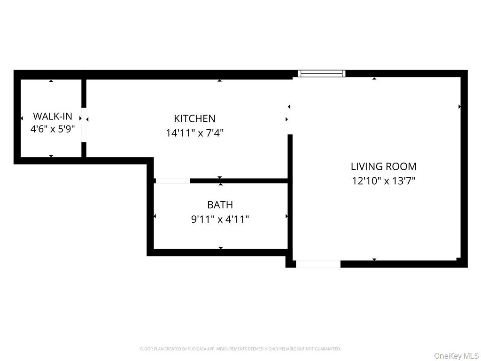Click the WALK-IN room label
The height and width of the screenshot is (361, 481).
53,116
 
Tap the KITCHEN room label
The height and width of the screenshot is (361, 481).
194,119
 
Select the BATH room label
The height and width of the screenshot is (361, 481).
220,205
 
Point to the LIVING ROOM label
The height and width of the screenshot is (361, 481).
383,166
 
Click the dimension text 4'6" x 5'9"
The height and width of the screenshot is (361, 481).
53,129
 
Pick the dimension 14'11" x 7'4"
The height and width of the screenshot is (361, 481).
194,133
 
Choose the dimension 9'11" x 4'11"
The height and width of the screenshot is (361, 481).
220,219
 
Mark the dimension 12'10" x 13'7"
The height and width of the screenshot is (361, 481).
383,180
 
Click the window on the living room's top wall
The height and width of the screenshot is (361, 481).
322,73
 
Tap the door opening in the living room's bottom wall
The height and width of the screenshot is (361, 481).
318,264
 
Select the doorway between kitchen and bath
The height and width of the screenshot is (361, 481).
172,180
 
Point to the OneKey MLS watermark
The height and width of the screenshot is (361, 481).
456,356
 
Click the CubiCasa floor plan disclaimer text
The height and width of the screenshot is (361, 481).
240,349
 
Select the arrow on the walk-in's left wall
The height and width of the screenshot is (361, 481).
22,118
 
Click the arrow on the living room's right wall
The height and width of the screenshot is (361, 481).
459,107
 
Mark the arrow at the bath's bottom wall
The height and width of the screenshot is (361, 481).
220,248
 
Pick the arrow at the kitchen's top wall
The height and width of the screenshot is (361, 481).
219,80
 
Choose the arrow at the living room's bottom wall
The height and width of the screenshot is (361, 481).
374,259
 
